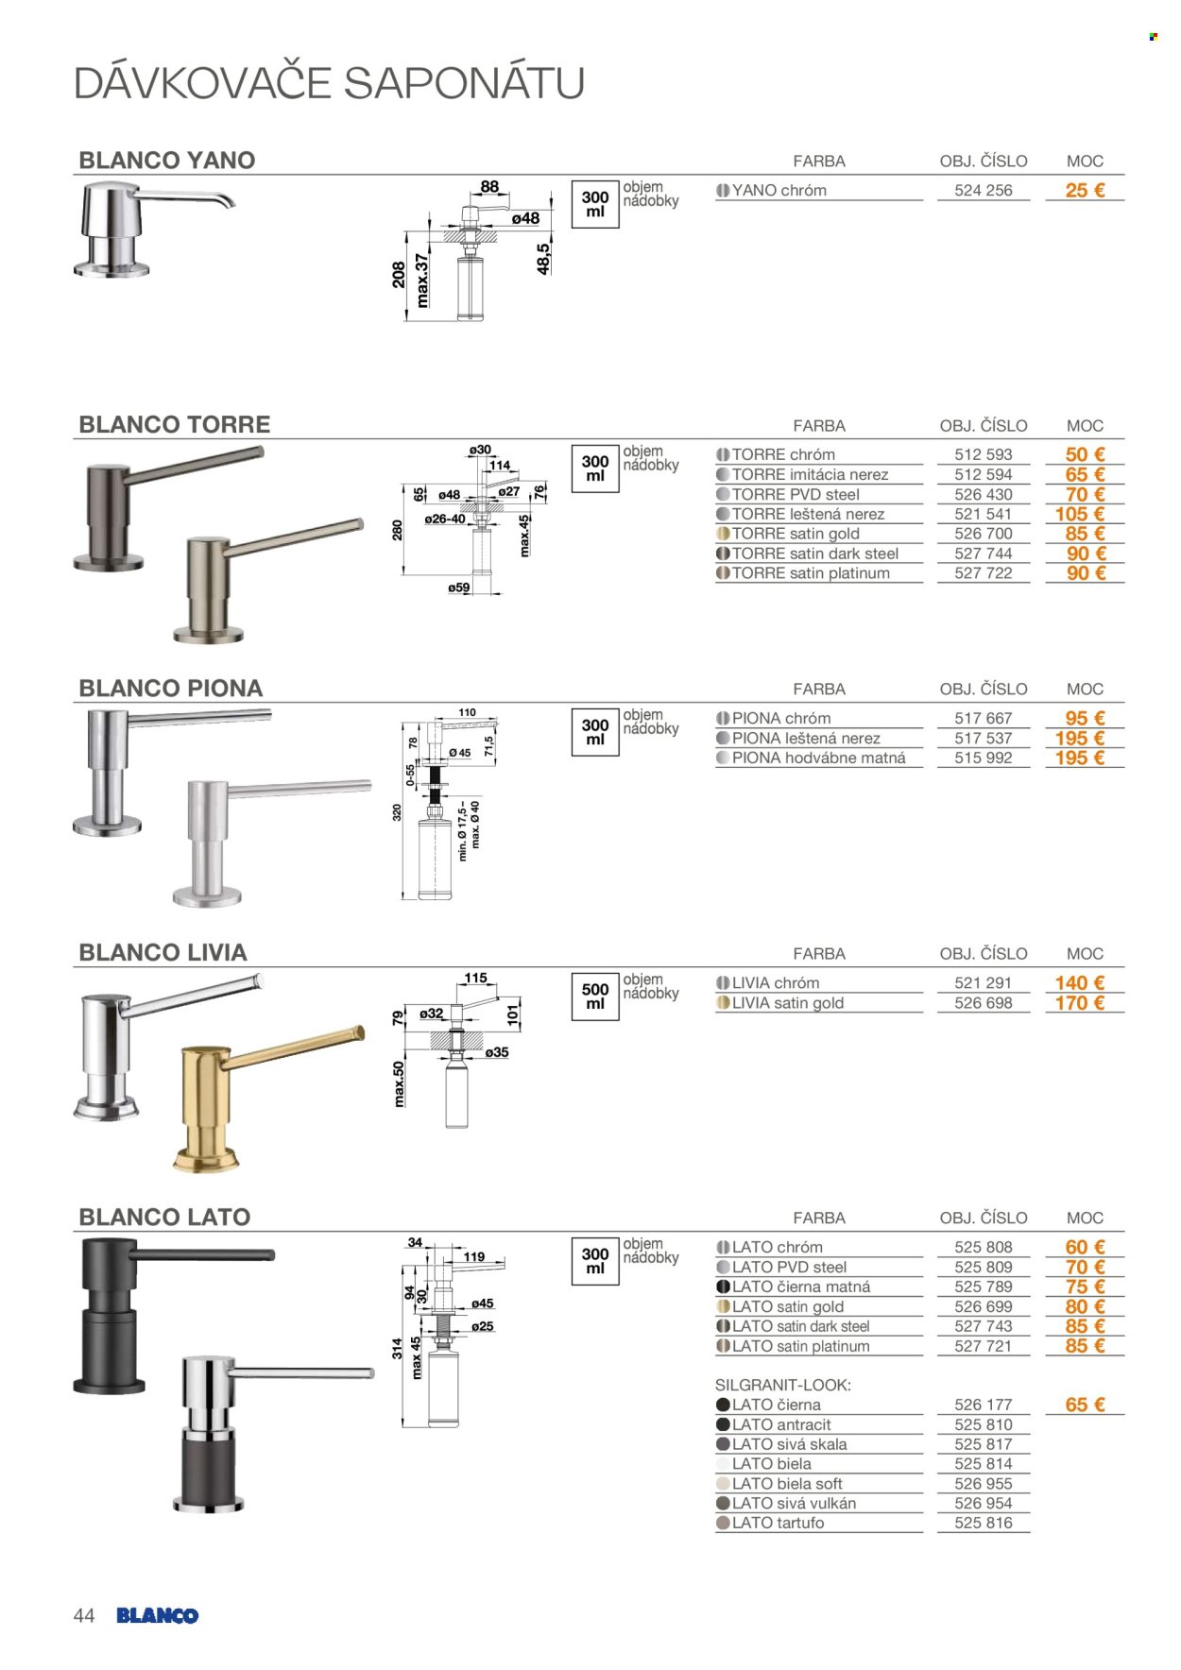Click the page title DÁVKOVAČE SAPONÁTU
(x=329, y=83)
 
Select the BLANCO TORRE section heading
(x=175, y=425)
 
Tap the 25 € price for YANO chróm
(x=1085, y=190)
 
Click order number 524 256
(x=983, y=190)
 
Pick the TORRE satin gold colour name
(x=796, y=534)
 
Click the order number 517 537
(x=983, y=738)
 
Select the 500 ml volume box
(x=595, y=997)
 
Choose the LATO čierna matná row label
(x=801, y=1287)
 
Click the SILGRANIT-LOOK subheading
(x=783, y=1385)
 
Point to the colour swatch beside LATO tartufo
(x=724, y=1523)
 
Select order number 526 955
(x=983, y=1483)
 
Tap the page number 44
(x=84, y=1615)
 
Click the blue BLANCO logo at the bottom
(x=158, y=1615)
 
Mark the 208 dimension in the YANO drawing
(x=399, y=275)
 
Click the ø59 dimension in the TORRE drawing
(x=459, y=588)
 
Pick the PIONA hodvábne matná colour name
(x=818, y=758)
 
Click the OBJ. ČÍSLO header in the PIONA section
(x=984, y=689)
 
